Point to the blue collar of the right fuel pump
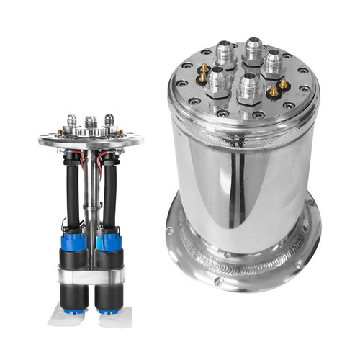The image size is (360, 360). click(x=109, y=240)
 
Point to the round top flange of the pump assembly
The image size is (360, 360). click(x=91, y=140)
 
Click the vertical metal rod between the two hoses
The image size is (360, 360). click(x=91, y=194)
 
